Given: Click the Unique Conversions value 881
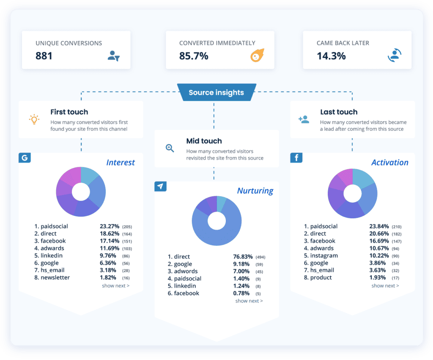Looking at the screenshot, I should (44, 56).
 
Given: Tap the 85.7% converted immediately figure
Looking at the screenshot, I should (194, 56).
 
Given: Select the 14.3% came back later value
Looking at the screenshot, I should (331, 56).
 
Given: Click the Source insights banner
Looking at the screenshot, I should (216, 93).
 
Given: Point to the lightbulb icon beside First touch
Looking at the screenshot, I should (34, 119).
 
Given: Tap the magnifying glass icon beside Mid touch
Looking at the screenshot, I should (170, 148).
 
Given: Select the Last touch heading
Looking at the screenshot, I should (339, 112).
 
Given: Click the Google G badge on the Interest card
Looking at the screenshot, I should (25, 158).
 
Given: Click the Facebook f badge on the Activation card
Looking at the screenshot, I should (296, 158).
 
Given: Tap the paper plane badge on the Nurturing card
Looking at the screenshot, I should (160, 186).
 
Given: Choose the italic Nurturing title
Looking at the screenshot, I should (255, 190).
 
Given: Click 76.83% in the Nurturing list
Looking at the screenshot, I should (243, 257).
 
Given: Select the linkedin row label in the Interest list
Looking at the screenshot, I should (52, 256).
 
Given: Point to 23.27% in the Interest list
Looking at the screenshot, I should (110, 226).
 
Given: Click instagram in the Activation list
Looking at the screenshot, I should (324, 256).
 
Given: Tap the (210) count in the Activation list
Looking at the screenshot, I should (396, 227).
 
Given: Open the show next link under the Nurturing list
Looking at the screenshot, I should (249, 301).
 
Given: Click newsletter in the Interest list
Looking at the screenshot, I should (55, 278).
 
